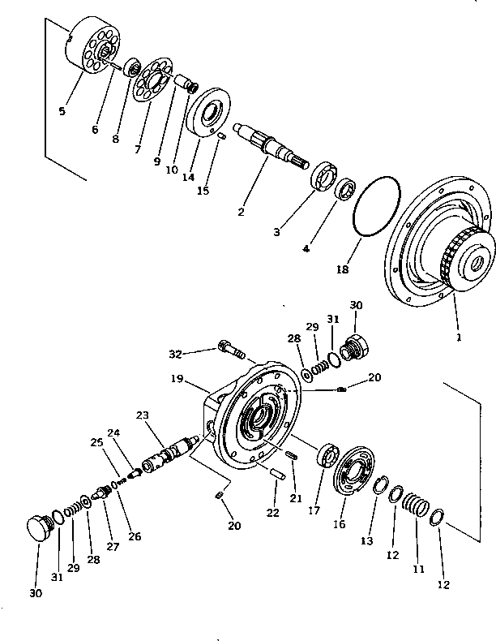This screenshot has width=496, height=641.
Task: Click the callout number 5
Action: pyautogui.click(x=62, y=111)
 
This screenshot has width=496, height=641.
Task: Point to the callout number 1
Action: pyautogui.click(x=458, y=335)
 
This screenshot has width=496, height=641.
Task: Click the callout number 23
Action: pyautogui.click(x=143, y=415)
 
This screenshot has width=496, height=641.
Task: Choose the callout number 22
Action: pyautogui.click(x=273, y=512)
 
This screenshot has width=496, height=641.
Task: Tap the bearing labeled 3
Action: pyautogui.click(x=324, y=179)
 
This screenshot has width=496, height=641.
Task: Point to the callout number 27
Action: pyautogui.click(x=113, y=546)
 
